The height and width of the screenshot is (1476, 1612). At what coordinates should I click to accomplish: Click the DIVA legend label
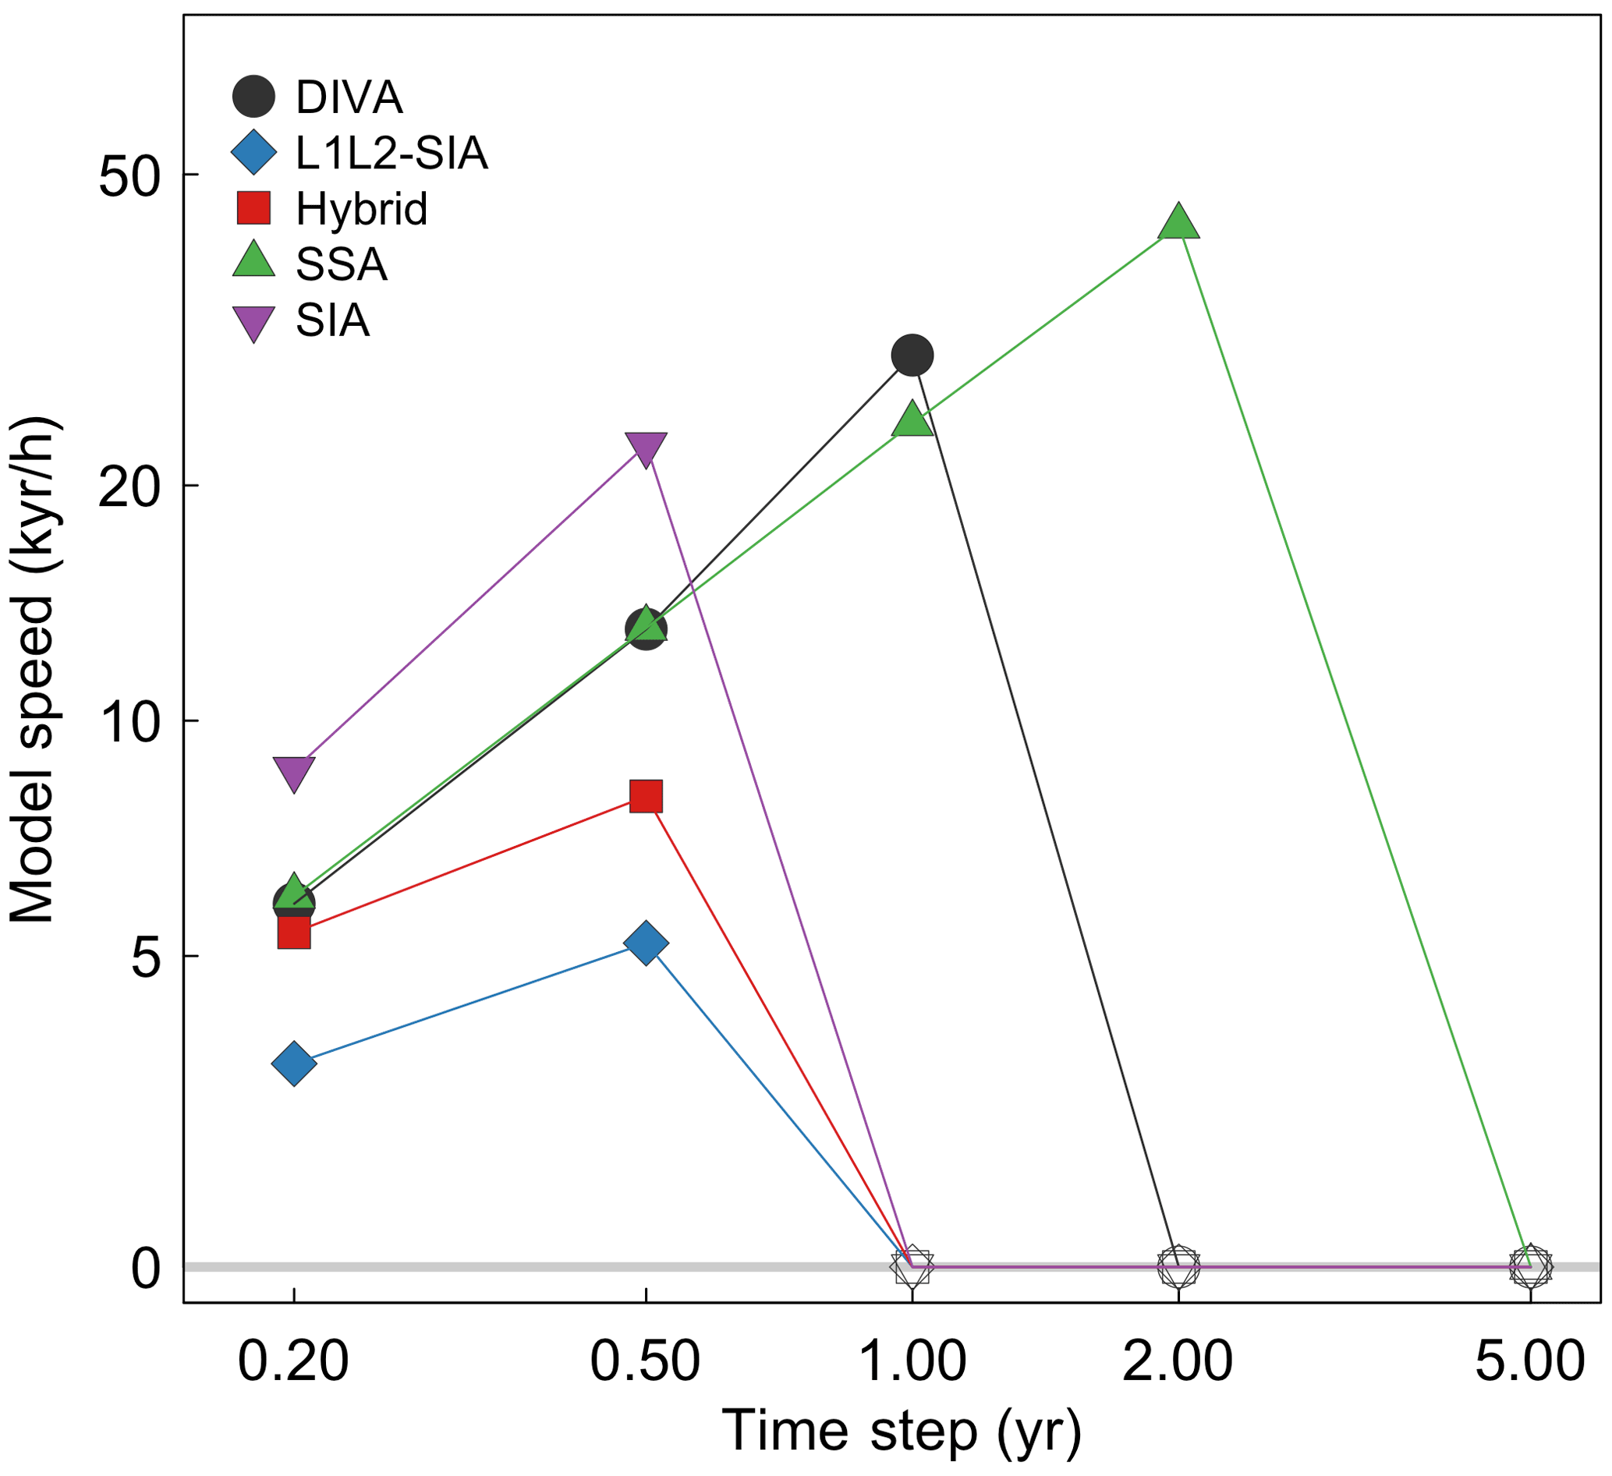pos(349,97)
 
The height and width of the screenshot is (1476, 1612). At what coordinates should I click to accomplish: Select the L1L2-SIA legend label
pos(391,153)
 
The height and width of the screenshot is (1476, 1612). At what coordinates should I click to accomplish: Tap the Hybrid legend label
pos(361,209)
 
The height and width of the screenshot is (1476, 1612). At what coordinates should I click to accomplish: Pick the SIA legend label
pos(333,320)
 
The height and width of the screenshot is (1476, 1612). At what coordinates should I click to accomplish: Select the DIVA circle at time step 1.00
pos(912,355)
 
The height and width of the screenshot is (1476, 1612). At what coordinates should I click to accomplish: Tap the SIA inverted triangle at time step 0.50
pos(646,448)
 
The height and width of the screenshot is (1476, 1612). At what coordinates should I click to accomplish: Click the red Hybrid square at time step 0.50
pos(646,796)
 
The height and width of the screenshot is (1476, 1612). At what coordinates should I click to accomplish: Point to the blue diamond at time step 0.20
pos(294,1064)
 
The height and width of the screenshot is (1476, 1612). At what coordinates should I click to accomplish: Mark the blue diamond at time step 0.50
pos(646,943)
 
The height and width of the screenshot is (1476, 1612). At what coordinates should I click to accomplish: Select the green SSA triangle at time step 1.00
pos(912,419)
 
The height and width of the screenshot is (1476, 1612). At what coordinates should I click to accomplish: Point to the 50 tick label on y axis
pos(129,177)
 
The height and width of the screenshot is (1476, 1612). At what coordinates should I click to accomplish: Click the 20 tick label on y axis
pos(129,486)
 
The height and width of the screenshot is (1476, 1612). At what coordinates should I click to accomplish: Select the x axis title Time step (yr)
pos(902,1432)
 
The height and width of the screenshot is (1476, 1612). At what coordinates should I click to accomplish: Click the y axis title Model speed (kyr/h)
pos(32,671)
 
